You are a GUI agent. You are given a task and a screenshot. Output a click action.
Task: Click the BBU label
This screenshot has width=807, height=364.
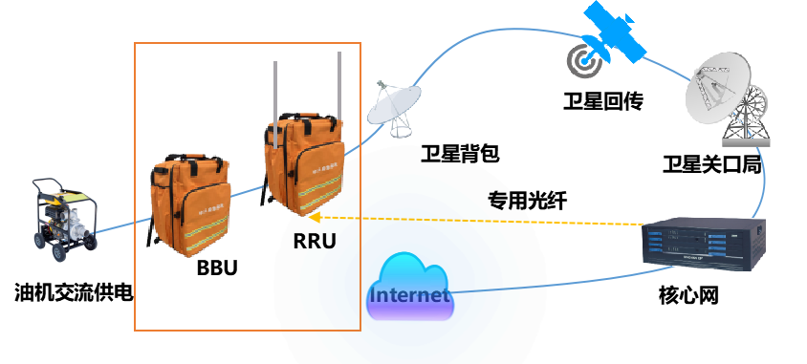point(217,268)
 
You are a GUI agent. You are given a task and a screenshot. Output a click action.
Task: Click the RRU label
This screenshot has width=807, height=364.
point(315,241)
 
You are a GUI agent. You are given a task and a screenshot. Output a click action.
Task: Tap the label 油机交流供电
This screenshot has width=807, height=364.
point(75,293)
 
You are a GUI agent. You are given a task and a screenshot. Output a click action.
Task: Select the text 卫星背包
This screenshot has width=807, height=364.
point(460,153)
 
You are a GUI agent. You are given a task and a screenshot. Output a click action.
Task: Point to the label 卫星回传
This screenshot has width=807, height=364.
point(602,100)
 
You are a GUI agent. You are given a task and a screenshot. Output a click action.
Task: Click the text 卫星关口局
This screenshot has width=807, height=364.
point(712,164)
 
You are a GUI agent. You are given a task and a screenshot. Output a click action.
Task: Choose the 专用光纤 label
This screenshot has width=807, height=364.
point(528,201)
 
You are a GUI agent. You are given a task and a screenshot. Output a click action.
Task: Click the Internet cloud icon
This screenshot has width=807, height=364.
point(410,289)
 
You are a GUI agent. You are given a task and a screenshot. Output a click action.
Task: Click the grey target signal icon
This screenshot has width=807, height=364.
point(585,61)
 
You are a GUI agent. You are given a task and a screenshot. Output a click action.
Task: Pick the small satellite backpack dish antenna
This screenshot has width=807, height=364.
point(394,108)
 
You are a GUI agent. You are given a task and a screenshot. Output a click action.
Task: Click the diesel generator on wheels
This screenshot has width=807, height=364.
point(64,219)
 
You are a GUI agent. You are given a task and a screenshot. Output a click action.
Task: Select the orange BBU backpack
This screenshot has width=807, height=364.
point(190,204)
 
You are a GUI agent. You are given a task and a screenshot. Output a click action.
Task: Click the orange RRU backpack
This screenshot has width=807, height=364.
point(304,164)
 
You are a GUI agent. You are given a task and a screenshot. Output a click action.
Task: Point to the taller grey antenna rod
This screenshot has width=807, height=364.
point(339,85)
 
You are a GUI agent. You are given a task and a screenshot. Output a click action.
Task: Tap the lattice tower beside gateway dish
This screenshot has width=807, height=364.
point(746,117)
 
